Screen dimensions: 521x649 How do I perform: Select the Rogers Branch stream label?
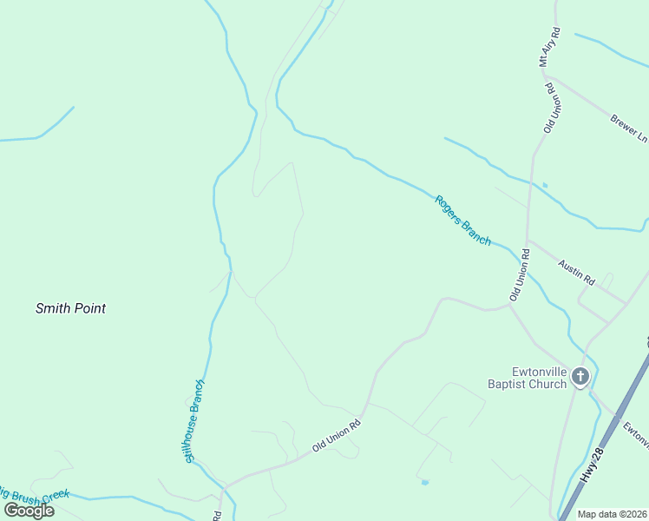point(463,220)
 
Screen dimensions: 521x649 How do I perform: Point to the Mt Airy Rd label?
point(549,47)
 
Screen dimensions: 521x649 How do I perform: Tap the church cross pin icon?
point(580,377)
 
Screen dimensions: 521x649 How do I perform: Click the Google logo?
point(29,510)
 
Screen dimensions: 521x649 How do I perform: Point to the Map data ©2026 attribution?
point(612,514)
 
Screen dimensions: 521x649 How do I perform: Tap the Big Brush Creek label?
point(35,496)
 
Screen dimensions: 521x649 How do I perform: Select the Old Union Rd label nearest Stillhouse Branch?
point(336,436)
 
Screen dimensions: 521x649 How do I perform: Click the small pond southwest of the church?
point(423,481)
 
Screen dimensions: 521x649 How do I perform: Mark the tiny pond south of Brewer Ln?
point(544,184)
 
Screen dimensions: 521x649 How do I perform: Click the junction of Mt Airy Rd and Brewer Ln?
point(548,76)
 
